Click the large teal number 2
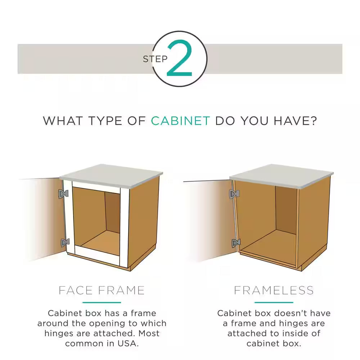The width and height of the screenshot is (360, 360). coord(179,58)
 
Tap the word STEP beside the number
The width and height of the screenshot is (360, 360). coord(155,59)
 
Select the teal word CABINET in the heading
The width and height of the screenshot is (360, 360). coord(180,121)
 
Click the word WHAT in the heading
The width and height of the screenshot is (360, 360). coord(62,121)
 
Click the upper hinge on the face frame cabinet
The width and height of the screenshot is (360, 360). coord(63,194)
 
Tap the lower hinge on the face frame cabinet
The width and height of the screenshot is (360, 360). coord(65,242)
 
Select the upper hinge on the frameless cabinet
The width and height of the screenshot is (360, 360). coord(234,194)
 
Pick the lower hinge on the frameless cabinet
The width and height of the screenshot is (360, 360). coord(236,243)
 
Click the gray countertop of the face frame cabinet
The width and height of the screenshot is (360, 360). coord(111,175)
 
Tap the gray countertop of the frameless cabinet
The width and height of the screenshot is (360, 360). coord(282,176)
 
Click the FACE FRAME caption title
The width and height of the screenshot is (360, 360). coord(102,290)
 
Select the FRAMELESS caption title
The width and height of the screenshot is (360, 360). coord(274,290)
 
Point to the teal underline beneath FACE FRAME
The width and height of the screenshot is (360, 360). coord(102,302)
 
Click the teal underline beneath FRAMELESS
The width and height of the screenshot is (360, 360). coord(274,302)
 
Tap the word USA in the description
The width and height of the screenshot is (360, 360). coord(127,343)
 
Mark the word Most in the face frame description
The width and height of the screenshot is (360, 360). coord(149,333)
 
